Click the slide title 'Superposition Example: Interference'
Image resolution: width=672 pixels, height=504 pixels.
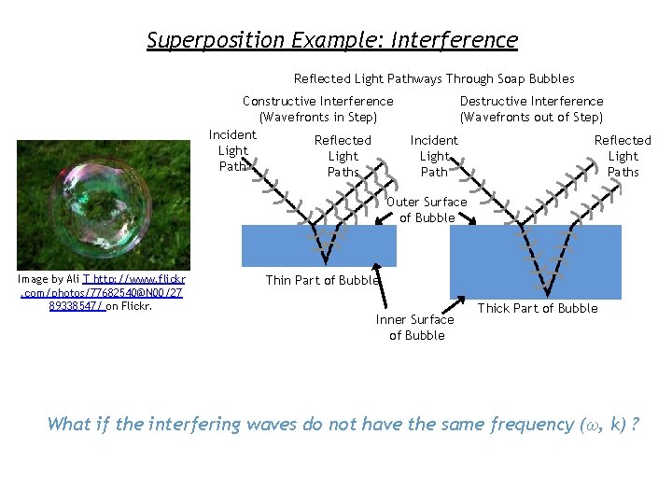(x=332, y=40)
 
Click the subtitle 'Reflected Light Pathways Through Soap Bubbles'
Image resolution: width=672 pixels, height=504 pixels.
(x=434, y=79)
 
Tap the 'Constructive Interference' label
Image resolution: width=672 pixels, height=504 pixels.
(x=318, y=101)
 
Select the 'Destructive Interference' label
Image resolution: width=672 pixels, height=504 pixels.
(x=531, y=101)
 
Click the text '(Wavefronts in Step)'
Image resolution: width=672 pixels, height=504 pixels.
(x=318, y=117)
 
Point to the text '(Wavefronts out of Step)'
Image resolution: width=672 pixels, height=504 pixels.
(x=531, y=117)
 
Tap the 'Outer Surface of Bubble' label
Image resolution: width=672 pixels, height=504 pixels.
(x=427, y=210)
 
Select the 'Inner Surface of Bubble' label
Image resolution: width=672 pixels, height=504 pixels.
(x=415, y=327)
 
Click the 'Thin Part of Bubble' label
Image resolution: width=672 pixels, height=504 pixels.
(x=322, y=280)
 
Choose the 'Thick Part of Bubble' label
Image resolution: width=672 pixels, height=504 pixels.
(x=538, y=308)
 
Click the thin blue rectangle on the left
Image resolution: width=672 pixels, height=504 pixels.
(x=319, y=246)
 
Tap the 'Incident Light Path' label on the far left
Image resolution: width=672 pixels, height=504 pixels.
(x=232, y=150)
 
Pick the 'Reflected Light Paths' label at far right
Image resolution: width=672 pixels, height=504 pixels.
(x=623, y=156)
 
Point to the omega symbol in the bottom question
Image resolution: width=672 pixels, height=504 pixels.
(x=588, y=426)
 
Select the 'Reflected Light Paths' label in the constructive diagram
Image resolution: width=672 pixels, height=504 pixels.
(x=343, y=156)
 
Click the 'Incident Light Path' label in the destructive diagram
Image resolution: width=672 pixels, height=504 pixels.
(x=434, y=156)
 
